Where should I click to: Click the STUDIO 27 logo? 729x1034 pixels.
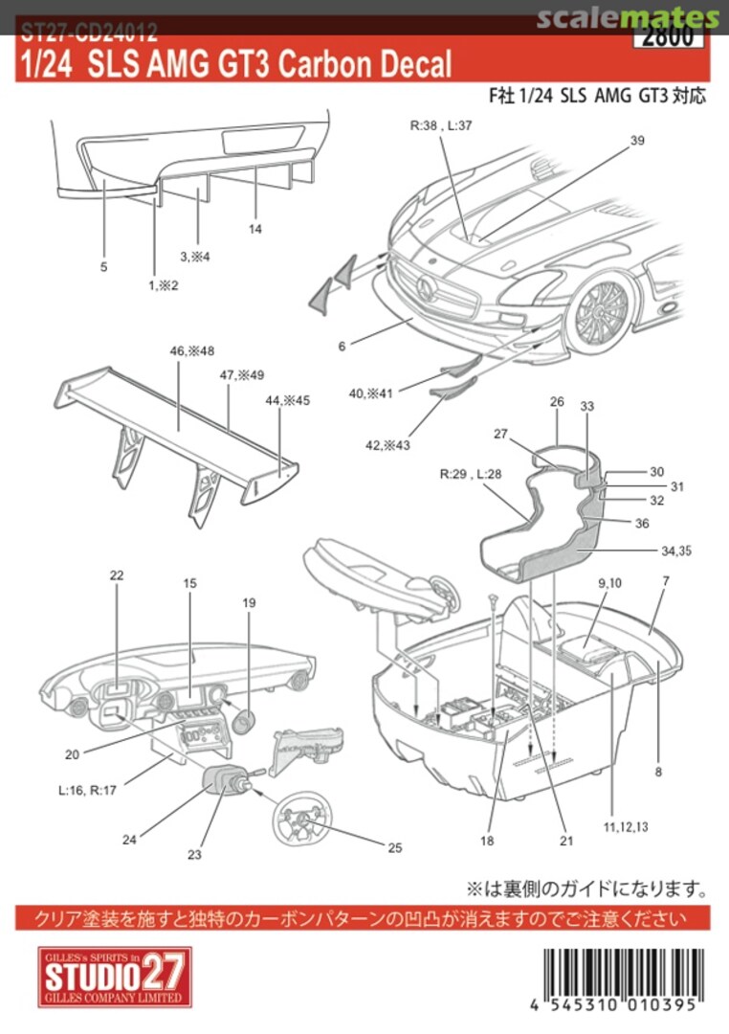click(x=115, y=977)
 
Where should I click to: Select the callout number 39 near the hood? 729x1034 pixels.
click(x=637, y=141)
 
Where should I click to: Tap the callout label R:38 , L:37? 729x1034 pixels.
click(x=442, y=125)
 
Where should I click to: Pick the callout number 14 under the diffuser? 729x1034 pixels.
click(x=255, y=229)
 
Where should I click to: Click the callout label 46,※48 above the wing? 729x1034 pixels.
click(x=191, y=351)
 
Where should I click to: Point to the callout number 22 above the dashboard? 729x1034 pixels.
click(x=117, y=575)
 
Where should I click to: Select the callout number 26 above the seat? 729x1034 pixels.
click(x=558, y=402)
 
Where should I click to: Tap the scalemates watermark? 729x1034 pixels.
click(x=627, y=17)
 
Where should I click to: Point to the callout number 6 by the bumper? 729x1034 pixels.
click(x=342, y=346)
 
